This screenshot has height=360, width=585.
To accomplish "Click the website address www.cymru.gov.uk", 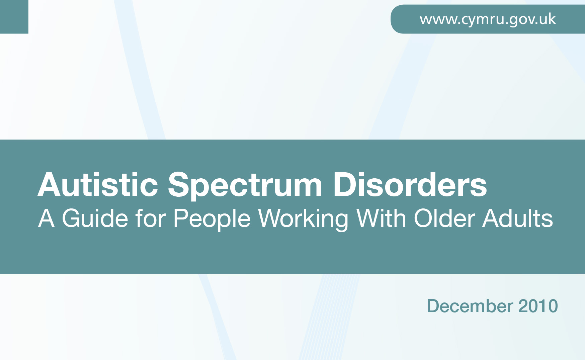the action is [488, 20].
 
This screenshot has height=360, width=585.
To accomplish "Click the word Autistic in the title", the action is [98, 185].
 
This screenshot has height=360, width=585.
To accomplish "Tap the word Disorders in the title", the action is [410, 185].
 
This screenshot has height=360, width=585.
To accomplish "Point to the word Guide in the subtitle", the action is [95, 218].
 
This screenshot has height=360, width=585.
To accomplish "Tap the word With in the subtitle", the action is [381, 218].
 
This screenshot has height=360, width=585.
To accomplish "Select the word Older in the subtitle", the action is [444, 218].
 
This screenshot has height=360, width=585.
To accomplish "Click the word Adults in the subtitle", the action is [518, 218].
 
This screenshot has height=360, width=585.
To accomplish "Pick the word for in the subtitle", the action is [151, 218].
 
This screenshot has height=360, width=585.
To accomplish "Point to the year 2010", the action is [538, 306].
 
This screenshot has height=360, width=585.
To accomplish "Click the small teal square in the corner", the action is [14, 17].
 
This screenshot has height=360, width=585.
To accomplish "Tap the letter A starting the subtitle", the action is [46, 218].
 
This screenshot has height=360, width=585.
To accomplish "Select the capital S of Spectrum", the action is [179, 185].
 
